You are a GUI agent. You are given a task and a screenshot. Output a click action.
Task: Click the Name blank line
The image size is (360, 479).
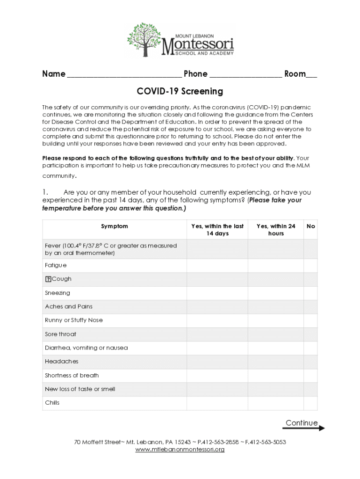[x=124, y=75]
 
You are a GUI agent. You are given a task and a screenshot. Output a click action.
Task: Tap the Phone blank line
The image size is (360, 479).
[x=246, y=75]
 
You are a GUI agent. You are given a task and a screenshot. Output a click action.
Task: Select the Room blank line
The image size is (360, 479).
[x=312, y=75]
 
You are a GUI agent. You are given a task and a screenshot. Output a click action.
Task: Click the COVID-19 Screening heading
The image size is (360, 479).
[x=180, y=91]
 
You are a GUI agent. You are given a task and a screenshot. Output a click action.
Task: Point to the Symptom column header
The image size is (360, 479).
[x=115, y=226]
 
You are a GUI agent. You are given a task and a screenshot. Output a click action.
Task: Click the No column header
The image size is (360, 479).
[x=310, y=226]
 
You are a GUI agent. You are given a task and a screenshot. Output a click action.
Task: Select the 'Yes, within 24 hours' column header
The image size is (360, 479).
[x=276, y=230]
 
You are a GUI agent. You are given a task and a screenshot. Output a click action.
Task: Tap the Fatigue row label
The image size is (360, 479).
[x=56, y=265]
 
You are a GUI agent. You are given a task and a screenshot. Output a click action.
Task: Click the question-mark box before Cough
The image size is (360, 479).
[x=48, y=279]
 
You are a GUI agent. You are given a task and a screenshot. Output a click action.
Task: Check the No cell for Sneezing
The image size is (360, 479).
[x=310, y=293]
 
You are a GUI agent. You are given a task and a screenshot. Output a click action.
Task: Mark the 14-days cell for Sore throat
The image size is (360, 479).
[x=217, y=334]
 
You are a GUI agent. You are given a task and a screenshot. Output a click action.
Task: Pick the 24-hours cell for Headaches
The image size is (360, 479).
[x=276, y=362]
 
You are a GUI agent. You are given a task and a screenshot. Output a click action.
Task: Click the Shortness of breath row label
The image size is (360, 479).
[x=72, y=375]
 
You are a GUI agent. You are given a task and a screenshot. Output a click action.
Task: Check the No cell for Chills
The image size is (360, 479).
[x=310, y=403]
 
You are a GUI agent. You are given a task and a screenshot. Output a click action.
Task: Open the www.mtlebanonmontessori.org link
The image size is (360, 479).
[x=180, y=450]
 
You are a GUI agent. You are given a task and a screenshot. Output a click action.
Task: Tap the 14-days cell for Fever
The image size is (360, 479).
[x=217, y=249]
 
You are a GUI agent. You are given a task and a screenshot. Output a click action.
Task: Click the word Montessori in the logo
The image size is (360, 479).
[x=197, y=45]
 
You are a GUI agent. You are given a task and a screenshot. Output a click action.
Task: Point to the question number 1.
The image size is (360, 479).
[x=45, y=192]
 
